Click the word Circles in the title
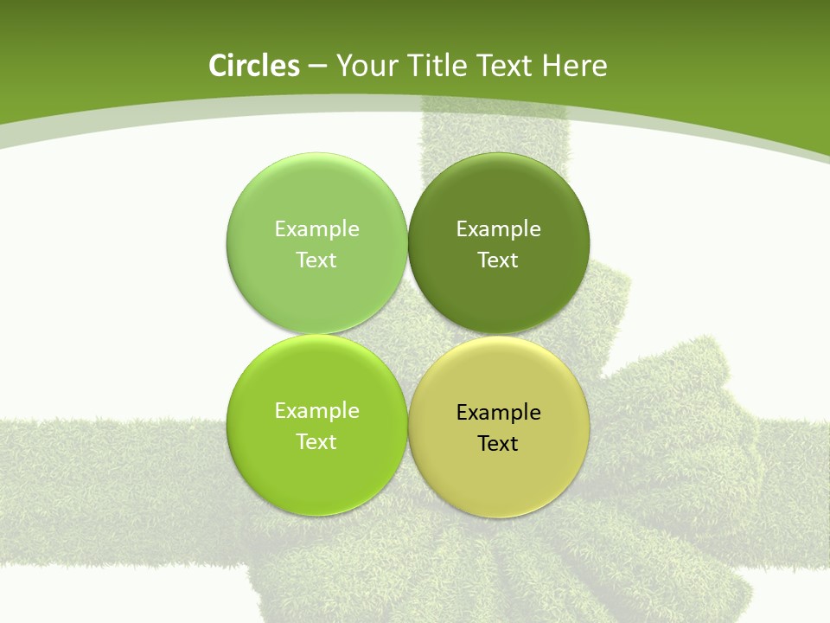click(253, 66)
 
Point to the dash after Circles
click(317, 67)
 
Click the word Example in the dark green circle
click(498, 229)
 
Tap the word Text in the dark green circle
click(498, 260)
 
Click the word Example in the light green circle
click(316, 229)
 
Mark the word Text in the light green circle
click(316, 260)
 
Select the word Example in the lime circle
click(316, 411)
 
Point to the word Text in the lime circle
click(316, 442)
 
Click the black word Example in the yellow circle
click(498, 413)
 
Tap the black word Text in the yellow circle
click(498, 444)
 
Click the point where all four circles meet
click(408, 335)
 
